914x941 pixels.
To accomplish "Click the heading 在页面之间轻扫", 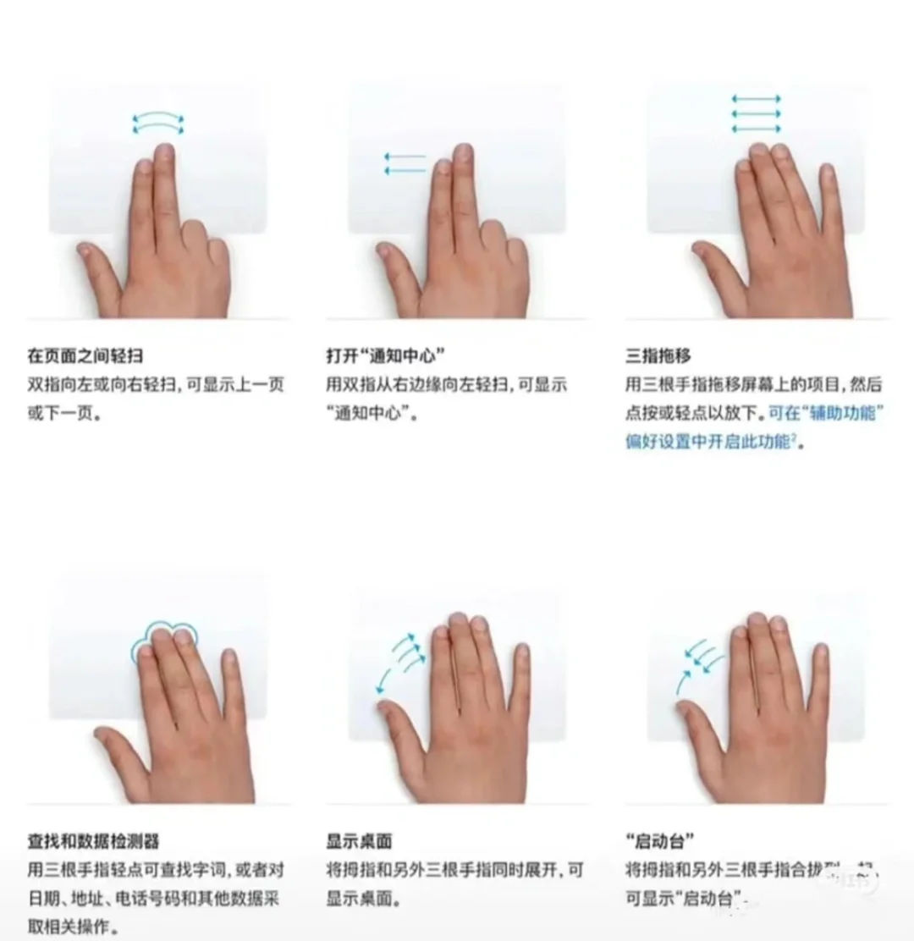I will click(85, 356).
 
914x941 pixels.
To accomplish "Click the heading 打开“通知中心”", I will click(386, 356).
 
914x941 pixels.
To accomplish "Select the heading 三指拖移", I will click(658, 356).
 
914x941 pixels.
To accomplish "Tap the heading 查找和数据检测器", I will click(93, 841).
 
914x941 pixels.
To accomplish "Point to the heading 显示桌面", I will click(359, 841).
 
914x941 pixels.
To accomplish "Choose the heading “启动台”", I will click(660, 841).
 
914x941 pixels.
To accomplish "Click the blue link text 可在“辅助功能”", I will click(826, 413).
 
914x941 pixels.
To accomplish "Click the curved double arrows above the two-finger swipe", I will click(158, 124).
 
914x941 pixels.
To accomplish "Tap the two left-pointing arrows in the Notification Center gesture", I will click(405, 163).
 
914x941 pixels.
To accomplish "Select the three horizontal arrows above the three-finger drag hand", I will click(755, 113).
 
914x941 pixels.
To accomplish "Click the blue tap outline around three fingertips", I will click(164, 638).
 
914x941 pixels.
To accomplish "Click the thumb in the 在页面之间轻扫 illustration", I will click(95, 258).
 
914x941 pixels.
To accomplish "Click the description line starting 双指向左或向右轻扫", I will click(156, 385).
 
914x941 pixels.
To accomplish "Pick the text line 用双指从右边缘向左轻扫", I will click(446, 385).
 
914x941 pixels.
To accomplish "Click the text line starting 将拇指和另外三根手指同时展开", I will click(454, 870).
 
